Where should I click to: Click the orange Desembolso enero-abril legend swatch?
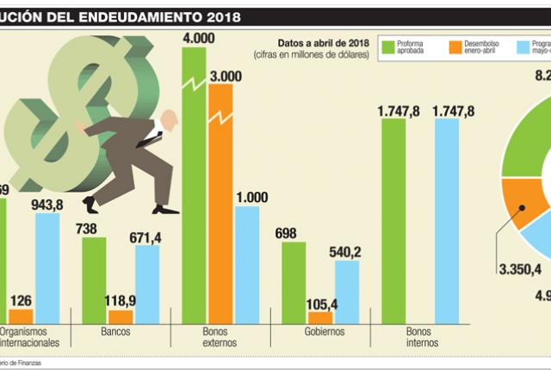455,46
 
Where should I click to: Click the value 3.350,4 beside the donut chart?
519,269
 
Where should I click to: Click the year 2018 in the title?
210,16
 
